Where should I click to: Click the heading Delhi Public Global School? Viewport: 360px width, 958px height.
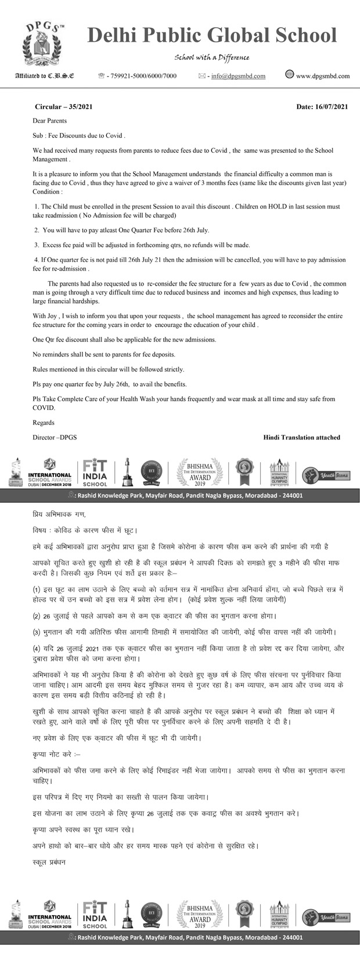(212, 36)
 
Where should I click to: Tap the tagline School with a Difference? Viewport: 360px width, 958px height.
(212, 57)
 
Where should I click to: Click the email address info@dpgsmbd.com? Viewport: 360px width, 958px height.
(238, 76)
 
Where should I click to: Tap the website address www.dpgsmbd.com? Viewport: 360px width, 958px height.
(323, 76)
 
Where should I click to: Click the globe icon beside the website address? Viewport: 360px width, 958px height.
(290, 74)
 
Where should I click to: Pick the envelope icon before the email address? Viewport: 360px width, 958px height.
(202, 76)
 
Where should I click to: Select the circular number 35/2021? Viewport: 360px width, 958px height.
(63, 107)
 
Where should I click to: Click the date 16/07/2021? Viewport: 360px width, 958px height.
(322, 107)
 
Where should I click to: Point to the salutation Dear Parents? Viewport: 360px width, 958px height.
(50, 121)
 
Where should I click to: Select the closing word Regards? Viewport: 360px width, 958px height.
(44, 423)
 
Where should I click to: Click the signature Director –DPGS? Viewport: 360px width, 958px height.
(55, 437)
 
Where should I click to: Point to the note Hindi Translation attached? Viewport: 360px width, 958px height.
(301, 437)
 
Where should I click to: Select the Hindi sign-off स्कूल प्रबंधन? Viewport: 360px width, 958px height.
(49, 862)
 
